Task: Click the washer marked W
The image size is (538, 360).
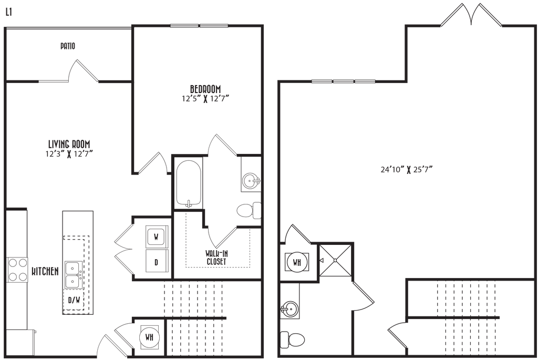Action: pos(156,236)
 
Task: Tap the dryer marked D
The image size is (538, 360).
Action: pos(156,261)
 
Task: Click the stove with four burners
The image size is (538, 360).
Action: pos(17,270)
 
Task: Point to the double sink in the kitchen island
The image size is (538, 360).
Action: pos(73,275)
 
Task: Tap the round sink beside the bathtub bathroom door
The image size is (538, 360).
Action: pos(251,182)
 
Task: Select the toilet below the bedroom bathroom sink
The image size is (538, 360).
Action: pos(249,211)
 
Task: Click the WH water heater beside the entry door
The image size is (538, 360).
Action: pos(149,337)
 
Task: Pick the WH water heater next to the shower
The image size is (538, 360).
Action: pos(296,262)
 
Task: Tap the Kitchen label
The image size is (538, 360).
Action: pos(44,272)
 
